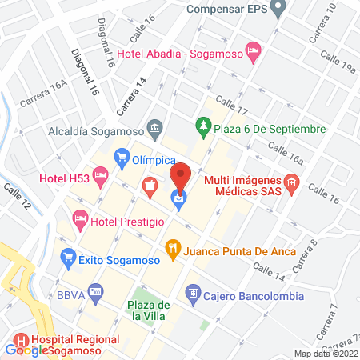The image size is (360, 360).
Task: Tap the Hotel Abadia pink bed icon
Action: pyautogui.click(x=253, y=54)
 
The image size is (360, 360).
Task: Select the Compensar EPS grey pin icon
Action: pyautogui.click(x=278, y=10)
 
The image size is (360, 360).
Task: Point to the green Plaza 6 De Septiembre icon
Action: pyautogui.click(x=202, y=128)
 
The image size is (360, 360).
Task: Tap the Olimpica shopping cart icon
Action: pyautogui.click(x=122, y=154)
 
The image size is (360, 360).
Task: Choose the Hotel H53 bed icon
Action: pyautogui.click(x=100, y=174)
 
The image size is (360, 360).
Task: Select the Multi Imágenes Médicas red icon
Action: pyautogui.click(x=292, y=182)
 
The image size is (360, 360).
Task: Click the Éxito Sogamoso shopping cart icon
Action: pyautogui.click(x=68, y=257)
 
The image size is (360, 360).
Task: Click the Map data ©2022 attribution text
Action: pyautogui.click(x=326, y=354)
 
